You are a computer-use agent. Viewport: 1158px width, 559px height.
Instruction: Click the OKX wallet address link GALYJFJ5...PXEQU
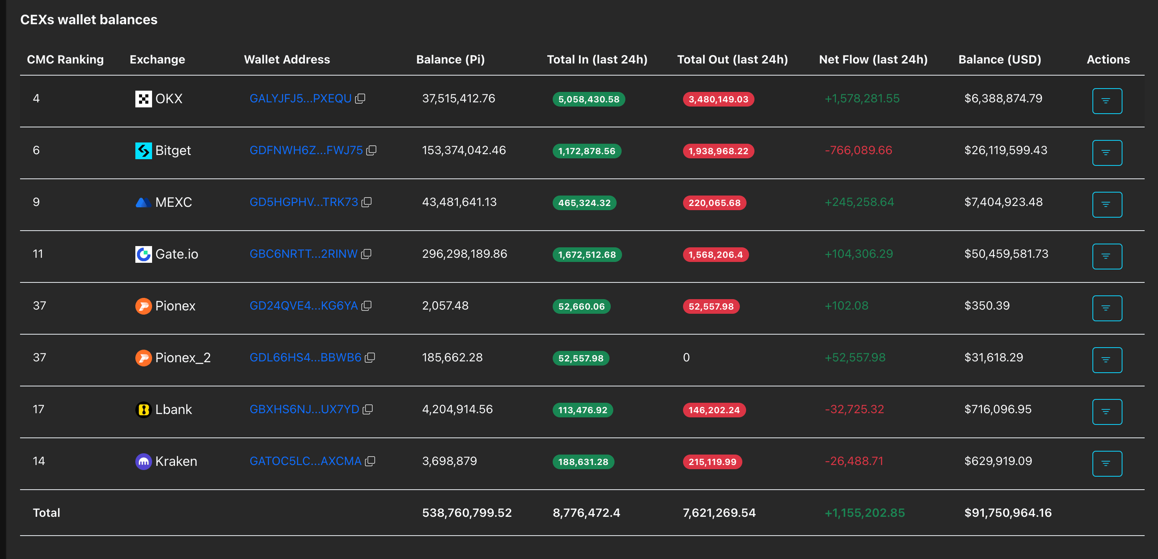tap(300, 99)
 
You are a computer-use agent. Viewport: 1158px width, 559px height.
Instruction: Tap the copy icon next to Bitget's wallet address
tap(371, 150)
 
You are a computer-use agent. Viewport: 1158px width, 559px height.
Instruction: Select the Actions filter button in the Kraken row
tap(1107, 463)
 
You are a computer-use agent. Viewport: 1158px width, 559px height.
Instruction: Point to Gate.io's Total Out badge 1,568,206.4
tap(716, 254)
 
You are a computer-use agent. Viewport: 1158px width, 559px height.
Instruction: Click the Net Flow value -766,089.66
tap(858, 150)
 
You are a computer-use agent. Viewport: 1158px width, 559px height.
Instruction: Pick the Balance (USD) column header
tap(999, 59)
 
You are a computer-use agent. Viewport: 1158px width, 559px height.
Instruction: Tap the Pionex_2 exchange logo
tap(143, 358)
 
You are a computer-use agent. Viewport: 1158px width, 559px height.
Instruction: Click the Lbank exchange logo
tap(143, 409)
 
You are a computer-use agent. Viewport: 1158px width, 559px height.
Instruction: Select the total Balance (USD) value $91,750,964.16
tap(1008, 513)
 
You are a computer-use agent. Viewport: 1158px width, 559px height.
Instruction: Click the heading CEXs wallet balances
tap(89, 20)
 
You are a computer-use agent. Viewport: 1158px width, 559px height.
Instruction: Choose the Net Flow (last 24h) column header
tap(873, 59)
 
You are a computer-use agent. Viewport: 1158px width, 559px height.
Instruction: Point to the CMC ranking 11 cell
tap(38, 254)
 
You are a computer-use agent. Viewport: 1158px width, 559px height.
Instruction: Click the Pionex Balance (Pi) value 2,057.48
tap(445, 306)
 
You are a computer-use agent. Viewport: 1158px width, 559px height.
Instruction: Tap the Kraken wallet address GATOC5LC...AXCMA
tap(305, 461)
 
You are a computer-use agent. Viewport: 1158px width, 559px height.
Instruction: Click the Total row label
tap(46, 513)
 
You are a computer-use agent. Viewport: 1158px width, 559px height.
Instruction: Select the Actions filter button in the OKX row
tap(1107, 101)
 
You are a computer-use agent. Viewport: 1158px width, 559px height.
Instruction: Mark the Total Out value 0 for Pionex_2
tap(686, 358)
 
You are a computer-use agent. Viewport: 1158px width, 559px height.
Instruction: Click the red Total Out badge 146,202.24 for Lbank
tap(714, 410)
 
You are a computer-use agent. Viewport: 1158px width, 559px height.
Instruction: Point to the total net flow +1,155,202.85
tap(864, 513)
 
